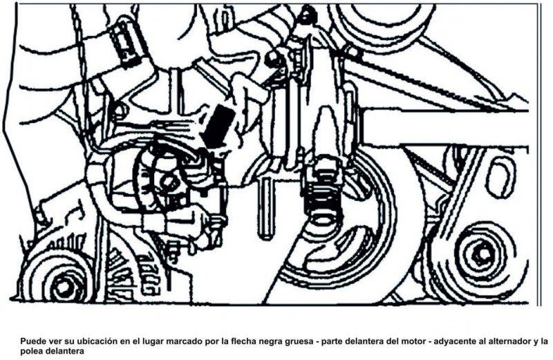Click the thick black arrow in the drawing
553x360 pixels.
220,124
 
